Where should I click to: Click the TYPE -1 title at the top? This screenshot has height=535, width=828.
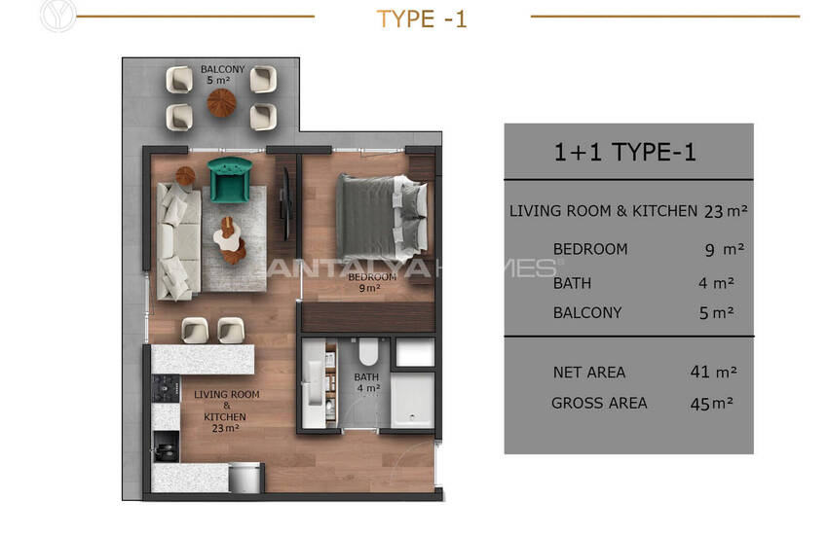(x=422, y=19)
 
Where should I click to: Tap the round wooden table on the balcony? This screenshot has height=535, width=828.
(x=221, y=102)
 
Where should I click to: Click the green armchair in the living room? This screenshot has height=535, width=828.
(x=230, y=180)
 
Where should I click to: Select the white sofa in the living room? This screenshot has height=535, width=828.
(x=178, y=241)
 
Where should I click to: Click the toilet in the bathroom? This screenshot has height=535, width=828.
(x=368, y=351)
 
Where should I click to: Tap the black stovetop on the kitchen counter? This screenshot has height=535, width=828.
(x=166, y=389)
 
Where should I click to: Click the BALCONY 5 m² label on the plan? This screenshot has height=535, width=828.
(x=222, y=74)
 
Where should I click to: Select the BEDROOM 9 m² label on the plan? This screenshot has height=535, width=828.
(x=371, y=282)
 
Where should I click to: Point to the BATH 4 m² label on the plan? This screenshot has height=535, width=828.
(x=367, y=382)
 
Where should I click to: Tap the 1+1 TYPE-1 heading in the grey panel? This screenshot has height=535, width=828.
(x=624, y=153)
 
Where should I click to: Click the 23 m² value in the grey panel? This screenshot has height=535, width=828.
(x=726, y=211)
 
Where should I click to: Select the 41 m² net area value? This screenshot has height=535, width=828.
(x=713, y=373)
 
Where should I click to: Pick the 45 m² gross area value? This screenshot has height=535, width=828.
(x=712, y=404)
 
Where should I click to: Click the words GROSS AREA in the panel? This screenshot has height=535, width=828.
(x=599, y=404)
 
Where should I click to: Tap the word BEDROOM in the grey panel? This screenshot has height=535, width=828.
(x=590, y=249)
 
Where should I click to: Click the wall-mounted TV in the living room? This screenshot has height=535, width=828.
(x=285, y=203)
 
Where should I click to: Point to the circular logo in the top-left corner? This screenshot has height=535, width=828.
(x=57, y=16)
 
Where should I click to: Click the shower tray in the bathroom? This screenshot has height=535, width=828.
(x=412, y=400)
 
